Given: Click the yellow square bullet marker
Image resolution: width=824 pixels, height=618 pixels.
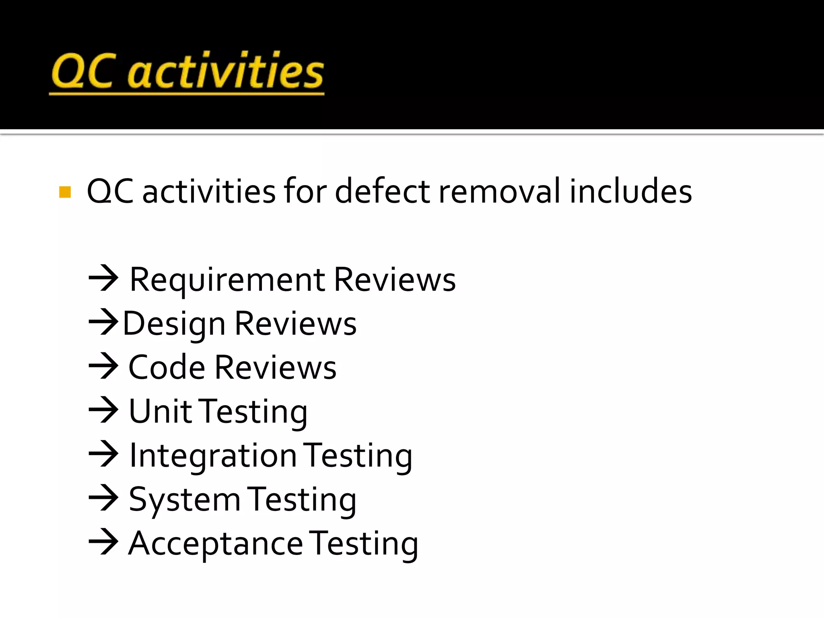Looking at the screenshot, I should (65, 192).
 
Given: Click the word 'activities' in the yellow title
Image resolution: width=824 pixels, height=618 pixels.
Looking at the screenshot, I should (226, 71).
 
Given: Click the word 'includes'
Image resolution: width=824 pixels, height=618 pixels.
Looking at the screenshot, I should (630, 191).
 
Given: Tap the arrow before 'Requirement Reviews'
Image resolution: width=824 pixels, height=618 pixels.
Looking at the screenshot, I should (103, 278).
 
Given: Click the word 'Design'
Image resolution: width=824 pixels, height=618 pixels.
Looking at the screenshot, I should (174, 324).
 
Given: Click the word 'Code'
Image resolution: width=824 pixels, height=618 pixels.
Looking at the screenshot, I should (167, 367).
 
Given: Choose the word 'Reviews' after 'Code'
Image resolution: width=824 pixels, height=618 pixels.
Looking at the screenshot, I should (276, 367).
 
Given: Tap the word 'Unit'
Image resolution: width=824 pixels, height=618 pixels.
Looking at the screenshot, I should (160, 411).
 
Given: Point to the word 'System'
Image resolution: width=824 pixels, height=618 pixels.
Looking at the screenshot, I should (184, 500).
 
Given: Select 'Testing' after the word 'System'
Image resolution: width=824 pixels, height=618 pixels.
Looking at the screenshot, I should (301, 500).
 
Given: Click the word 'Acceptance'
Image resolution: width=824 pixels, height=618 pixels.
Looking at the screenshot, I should (215, 544).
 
